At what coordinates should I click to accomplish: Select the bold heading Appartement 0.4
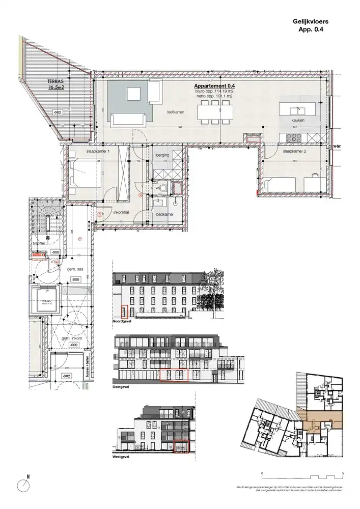click(214, 87)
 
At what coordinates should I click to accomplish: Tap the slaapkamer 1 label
click(84, 151)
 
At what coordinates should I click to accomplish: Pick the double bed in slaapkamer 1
click(84, 173)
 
